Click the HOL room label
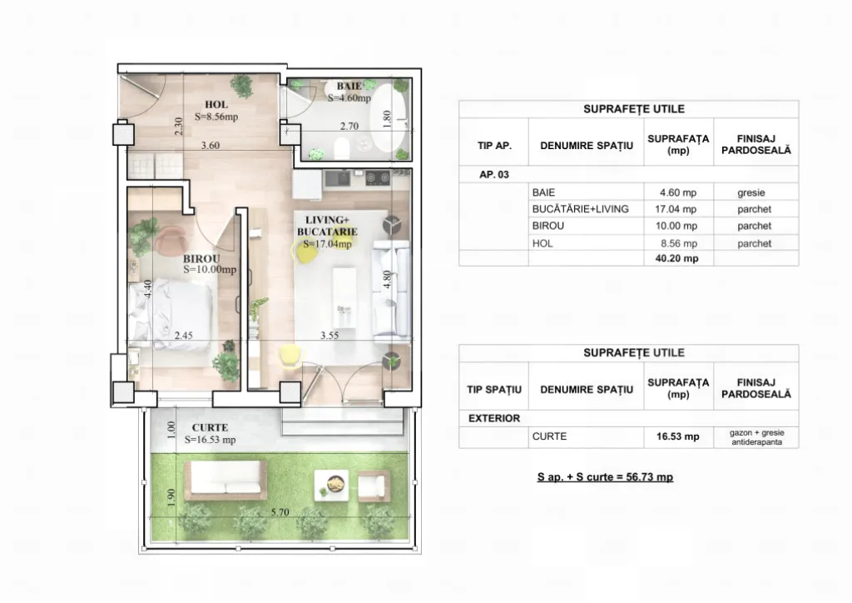point(216,104)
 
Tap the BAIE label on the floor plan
point(349,86)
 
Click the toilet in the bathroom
point(342,148)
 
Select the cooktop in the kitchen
point(378,177)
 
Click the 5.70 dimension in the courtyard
point(280,512)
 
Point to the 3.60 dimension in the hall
point(211,145)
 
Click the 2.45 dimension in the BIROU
point(184,336)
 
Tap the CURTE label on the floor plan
point(210,427)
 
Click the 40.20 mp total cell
point(676,258)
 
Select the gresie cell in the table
point(751,192)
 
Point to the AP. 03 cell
point(494,175)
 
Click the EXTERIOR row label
point(494,418)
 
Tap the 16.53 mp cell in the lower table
point(677,436)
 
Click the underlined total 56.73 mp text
point(606,477)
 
